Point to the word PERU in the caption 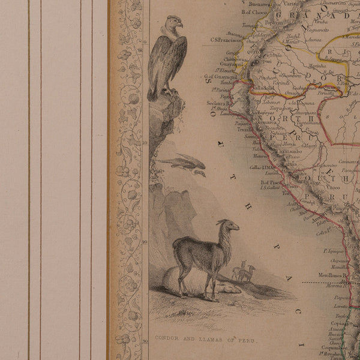tap(245, 341)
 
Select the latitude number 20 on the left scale tap(145, 242)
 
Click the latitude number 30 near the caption tap(145, 341)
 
